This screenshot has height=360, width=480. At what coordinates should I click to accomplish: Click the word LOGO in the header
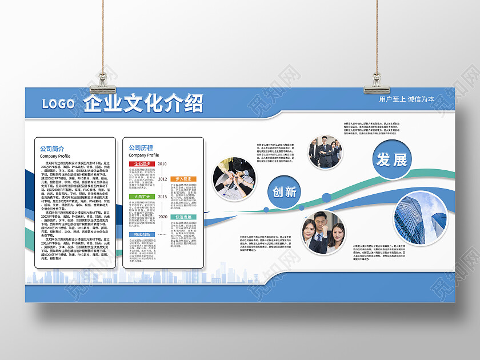tap(58, 103)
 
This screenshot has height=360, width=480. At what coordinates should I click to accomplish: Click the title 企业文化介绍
tap(143, 103)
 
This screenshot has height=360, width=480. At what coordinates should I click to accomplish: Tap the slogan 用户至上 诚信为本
tap(406, 99)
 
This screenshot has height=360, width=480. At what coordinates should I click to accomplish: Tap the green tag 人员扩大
tap(141, 197)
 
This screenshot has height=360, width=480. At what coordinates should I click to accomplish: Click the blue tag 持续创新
tap(141, 234)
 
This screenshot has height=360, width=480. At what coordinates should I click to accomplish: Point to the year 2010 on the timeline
tap(162, 164)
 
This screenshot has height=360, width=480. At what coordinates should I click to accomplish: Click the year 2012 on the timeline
tap(162, 179)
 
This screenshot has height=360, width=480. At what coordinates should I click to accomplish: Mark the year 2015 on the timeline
tap(162, 197)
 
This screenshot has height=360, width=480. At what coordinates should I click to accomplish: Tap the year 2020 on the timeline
tap(162, 217)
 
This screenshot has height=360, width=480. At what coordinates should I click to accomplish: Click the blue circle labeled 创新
tap(284, 191)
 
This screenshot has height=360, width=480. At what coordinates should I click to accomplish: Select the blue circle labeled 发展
tap(392, 159)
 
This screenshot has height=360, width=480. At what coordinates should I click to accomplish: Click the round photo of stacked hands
tap(234, 177)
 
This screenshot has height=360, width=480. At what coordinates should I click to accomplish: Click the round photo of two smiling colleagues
tap(323, 233)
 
